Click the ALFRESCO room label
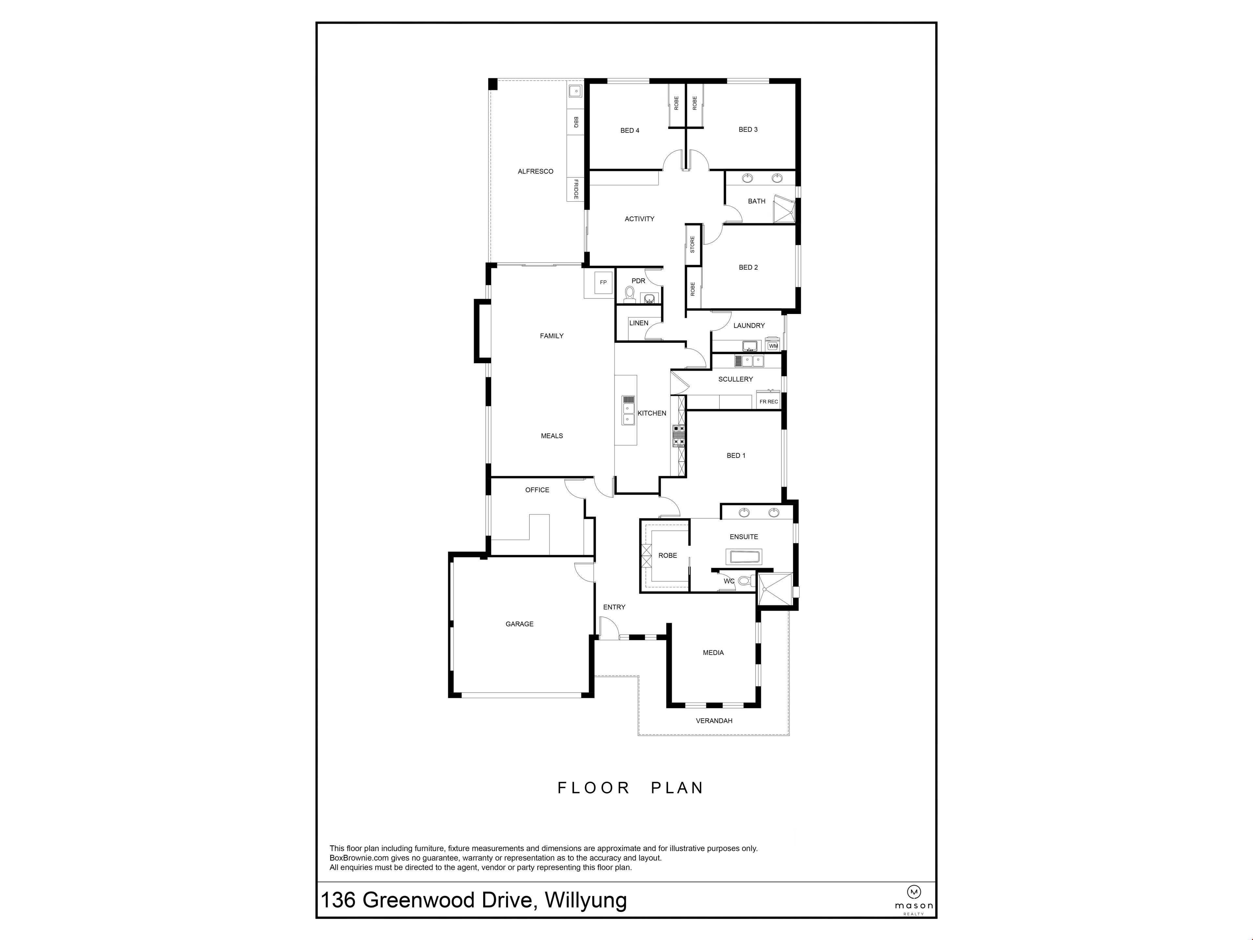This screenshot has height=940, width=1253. coord(535,171)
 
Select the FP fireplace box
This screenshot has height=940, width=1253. coord(603,282)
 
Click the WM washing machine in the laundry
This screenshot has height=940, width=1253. coord(773,346)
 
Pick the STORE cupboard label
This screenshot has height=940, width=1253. coord(692,244)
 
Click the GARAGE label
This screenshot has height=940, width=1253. coord(519,624)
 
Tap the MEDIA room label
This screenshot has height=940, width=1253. coord(713,653)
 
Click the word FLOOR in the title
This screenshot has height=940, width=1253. coord(594,788)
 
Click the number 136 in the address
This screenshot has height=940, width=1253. coord(338,900)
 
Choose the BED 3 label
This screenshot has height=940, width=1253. coord(748,130)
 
